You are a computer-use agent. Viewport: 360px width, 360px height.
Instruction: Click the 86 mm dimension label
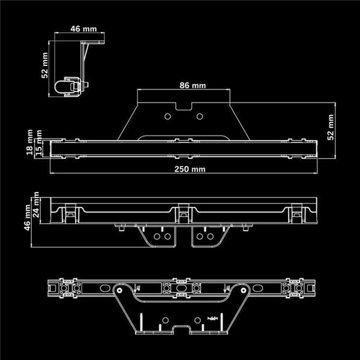coord(193,85)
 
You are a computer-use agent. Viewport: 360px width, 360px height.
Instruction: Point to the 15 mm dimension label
coord(40,144)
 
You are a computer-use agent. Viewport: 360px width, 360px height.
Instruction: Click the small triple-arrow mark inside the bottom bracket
coord(212,316)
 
